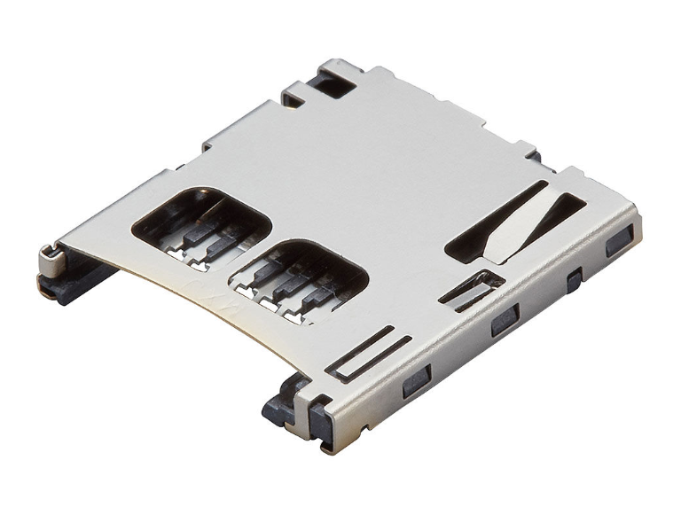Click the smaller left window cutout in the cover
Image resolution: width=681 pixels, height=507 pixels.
point(200,222)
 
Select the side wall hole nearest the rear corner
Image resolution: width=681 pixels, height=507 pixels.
point(619,240)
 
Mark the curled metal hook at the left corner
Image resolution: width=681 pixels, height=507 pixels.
point(53,258)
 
